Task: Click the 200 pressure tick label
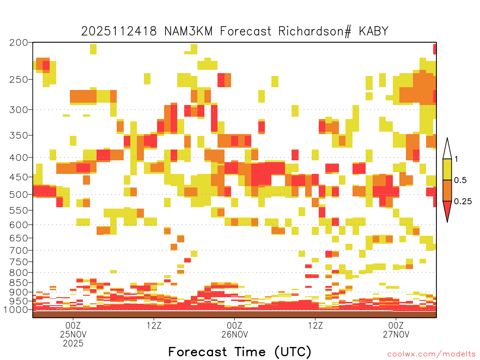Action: coord(19,43)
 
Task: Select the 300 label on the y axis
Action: coord(19,110)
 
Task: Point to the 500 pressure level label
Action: coord(19,195)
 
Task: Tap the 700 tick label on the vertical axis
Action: coord(19,250)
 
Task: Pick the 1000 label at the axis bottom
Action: coord(16,309)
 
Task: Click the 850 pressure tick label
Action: coord(19,283)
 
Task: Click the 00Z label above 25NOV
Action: coord(73,325)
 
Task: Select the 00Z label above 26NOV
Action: coord(234,325)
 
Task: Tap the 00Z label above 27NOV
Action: coord(396,325)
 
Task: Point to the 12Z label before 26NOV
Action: coord(154,325)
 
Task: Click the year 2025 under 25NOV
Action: coord(73,343)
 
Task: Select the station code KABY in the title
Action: coord(374,31)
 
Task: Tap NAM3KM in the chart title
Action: coord(188,31)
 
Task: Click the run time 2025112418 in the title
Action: coord(119,31)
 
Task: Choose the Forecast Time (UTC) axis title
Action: coord(240,352)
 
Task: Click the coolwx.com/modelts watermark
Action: coord(431,354)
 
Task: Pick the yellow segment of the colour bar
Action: coord(447,169)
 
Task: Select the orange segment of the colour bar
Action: coord(447,190)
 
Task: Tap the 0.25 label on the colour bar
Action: coord(463,202)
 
